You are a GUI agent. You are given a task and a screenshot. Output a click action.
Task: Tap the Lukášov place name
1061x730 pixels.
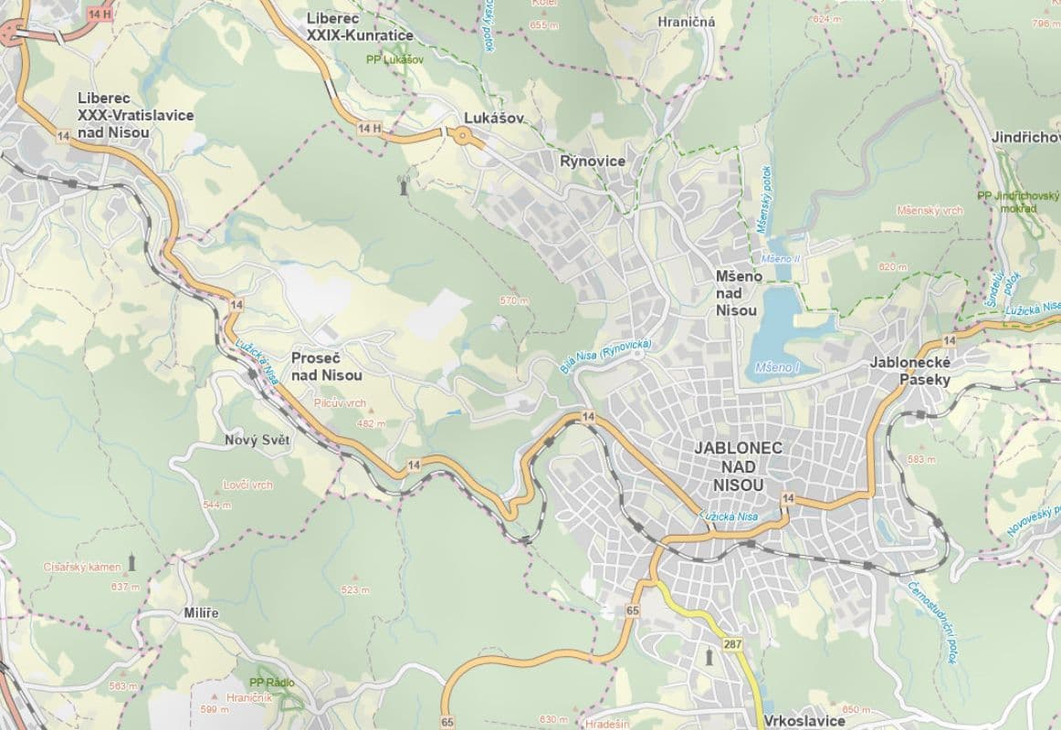pyautogui.click(x=494, y=119)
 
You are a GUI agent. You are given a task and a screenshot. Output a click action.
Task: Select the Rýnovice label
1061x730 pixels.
pyautogui.click(x=593, y=162)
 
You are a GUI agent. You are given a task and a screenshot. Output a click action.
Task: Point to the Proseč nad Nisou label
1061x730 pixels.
pyautogui.click(x=326, y=367)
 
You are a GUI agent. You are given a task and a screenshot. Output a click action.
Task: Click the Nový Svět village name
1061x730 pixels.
pyautogui.click(x=257, y=440)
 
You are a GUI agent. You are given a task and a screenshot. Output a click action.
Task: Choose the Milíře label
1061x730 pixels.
pyautogui.click(x=200, y=612)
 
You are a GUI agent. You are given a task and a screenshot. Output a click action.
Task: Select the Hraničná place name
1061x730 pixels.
pyautogui.click(x=686, y=22)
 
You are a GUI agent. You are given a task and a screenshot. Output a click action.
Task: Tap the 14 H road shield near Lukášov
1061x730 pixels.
pyautogui.click(x=369, y=129)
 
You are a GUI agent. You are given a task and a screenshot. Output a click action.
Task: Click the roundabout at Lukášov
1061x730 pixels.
pyautogui.click(x=462, y=137)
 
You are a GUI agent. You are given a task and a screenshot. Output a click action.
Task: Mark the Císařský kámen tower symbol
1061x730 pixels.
pyautogui.click(x=131, y=561)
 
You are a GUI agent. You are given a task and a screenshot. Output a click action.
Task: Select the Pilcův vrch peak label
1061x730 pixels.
pyautogui.click(x=339, y=402)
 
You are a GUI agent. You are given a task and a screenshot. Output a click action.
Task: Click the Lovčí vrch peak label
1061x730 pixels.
pyautogui.click(x=247, y=485)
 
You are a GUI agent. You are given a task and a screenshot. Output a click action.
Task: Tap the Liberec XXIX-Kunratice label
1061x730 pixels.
pyautogui.click(x=360, y=27)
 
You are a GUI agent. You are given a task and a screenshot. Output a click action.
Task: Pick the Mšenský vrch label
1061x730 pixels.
pyautogui.click(x=930, y=211)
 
